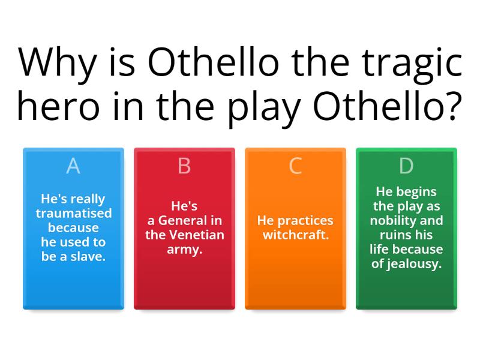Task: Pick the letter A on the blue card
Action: pos(73,166)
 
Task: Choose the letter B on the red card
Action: pos(184,166)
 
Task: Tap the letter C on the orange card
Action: pos(295,166)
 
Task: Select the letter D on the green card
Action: pos(406,166)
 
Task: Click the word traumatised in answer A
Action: pos(73,213)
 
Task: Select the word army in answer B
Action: pos(184,249)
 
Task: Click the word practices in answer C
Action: pos(305,220)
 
